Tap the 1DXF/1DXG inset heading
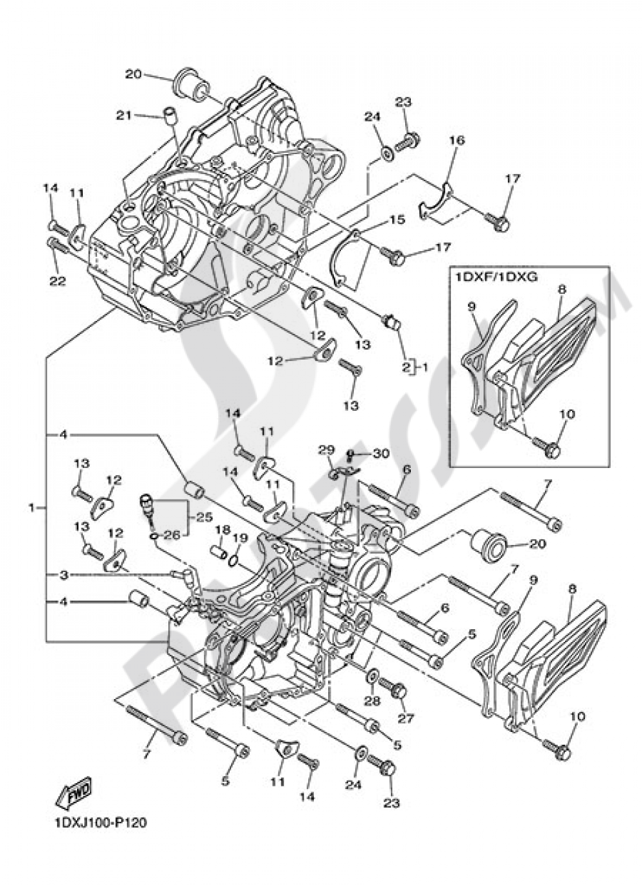tap(487, 278)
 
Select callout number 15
tap(397, 220)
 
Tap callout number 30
tap(381, 453)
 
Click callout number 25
tap(204, 516)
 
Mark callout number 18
tap(222, 530)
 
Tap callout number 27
tap(407, 718)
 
